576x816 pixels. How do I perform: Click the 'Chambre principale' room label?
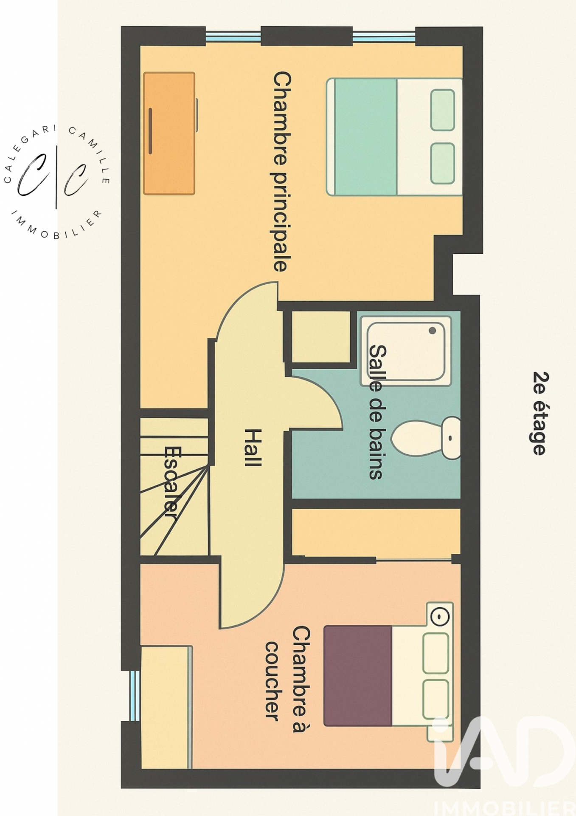point(282,171)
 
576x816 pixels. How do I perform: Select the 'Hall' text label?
point(253,447)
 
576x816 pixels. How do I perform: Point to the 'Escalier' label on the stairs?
point(171,482)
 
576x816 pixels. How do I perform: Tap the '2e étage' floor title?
point(541,413)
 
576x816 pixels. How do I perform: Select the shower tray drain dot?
point(432,331)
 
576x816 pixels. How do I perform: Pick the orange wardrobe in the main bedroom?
point(169,133)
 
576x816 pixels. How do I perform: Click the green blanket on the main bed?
point(365,137)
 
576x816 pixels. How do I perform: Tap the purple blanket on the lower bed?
point(357,676)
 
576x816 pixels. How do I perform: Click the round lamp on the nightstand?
point(440,615)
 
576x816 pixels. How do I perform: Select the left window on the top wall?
point(233,37)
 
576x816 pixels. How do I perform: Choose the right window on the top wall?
point(384,37)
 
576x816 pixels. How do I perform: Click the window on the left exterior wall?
point(134,695)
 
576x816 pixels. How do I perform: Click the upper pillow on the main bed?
point(443,110)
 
